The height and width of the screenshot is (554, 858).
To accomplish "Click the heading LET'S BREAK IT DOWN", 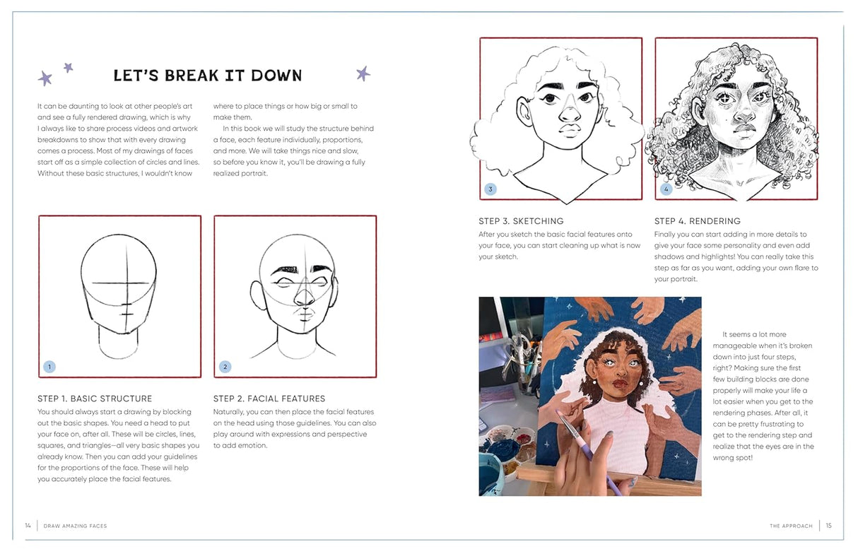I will (x=207, y=76).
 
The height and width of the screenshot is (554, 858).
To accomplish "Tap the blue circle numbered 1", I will (x=49, y=367).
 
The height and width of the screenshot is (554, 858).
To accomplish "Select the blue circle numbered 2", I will (x=225, y=367).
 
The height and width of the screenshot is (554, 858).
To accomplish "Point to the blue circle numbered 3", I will (x=490, y=189).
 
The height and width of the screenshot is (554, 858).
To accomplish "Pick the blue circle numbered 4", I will (x=666, y=189).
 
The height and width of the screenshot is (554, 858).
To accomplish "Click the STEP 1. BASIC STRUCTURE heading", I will (x=95, y=399).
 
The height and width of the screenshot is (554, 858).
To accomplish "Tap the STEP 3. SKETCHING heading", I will (x=521, y=221).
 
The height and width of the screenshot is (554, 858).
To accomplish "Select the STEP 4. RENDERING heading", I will (x=698, y=221).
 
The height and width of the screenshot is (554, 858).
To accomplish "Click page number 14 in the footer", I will (x=28, y=526).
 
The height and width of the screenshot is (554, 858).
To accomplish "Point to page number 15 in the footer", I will (x=828, y=526).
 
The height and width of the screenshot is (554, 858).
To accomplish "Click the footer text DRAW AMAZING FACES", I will (x=75, y=526).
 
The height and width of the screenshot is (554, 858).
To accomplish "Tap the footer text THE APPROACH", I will (x=791, y=526).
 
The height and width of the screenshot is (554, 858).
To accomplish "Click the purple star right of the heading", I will (x=363, y=73).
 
